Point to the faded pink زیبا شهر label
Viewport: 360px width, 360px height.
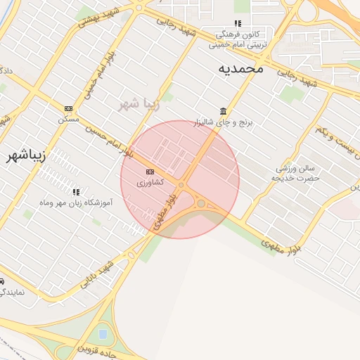[140, 105]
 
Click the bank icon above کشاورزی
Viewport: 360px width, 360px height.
[150, 172]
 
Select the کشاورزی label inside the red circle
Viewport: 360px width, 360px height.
[150, 182]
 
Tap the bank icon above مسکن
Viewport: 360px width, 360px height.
[68, 108]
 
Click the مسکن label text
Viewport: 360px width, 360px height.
[68, 120]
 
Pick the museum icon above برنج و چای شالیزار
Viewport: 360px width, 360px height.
[223, 111]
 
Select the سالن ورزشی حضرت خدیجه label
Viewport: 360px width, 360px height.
[296, 173]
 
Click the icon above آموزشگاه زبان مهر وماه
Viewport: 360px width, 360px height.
[76, 191]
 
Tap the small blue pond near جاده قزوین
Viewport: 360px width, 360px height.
[103, 333]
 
